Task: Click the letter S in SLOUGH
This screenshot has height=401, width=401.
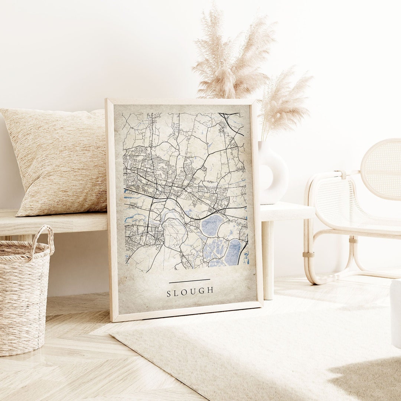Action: click(169, 294)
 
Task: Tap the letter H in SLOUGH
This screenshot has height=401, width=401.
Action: click(211, 290)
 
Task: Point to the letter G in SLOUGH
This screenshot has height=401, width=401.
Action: click(202, 291)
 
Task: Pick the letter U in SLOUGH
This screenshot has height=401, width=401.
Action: click(194, 291)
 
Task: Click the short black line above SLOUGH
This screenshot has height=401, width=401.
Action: click(189, 281)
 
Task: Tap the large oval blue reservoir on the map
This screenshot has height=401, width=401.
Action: click(212, 225)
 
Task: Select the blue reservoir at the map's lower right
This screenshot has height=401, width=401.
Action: click(233, 252)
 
